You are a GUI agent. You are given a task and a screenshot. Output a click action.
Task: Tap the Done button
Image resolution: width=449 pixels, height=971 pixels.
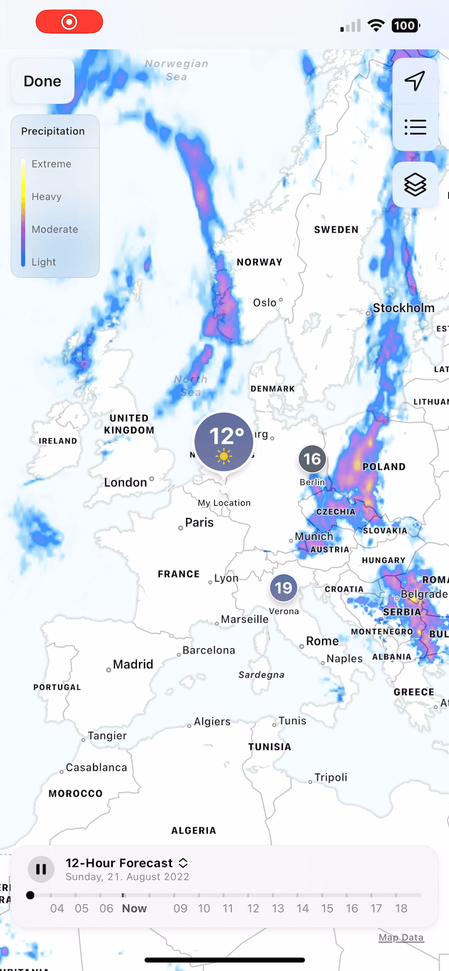[x=42, y=81]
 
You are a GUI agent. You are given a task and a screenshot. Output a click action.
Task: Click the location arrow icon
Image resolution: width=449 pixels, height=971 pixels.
[x=415, y=81]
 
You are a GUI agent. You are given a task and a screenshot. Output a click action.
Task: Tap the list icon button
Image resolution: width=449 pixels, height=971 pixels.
[x=415, y=127]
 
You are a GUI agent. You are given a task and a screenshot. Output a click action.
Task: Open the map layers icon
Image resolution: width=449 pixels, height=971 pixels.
[x=415, y=185]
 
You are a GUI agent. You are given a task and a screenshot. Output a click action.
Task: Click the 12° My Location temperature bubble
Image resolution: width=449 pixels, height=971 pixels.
[x=224, y=442]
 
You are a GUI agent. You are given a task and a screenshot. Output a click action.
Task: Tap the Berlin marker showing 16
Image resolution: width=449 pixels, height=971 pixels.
[x=312, y=459]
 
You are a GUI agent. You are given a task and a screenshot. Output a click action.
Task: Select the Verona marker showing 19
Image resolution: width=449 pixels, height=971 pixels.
[x=284, y=588]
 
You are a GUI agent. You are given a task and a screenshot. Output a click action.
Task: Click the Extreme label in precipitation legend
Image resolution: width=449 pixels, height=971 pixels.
[x=51, y=164]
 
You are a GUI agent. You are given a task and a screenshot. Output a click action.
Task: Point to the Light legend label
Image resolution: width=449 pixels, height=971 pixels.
[x=43, y=262]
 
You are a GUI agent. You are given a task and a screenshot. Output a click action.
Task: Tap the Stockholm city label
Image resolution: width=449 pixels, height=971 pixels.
[x=403, y=308]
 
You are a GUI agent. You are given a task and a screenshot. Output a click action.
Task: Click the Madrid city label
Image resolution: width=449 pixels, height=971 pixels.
[x=132, y=664]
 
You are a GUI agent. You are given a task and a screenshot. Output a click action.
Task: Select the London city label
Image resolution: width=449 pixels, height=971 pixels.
[x=125, y=482]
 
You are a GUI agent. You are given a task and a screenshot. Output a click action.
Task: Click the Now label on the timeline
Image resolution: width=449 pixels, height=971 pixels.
[x=134, y=908]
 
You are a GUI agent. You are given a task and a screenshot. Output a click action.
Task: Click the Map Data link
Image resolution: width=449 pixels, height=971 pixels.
[x=401, y=938]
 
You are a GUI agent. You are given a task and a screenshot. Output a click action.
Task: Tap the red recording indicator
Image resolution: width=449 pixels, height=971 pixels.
[x=69, y=22]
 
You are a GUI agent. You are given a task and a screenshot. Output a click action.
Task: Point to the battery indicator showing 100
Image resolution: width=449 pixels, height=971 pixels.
[x=405, y=26]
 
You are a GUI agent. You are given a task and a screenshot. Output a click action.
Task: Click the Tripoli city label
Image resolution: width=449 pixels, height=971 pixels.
[x=330, y=777]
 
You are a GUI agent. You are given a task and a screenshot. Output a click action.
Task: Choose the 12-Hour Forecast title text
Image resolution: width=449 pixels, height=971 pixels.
[x=119, y=863]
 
